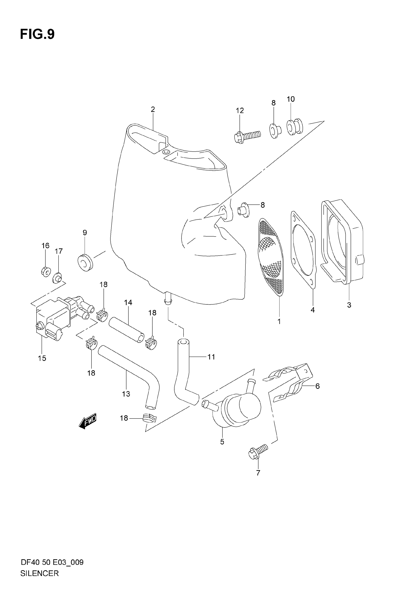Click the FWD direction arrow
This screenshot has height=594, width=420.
pos(87,421)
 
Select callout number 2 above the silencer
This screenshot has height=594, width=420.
pos(153,109)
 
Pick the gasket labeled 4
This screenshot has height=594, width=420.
pos(303,250)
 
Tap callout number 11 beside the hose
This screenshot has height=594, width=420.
pos(211,357)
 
